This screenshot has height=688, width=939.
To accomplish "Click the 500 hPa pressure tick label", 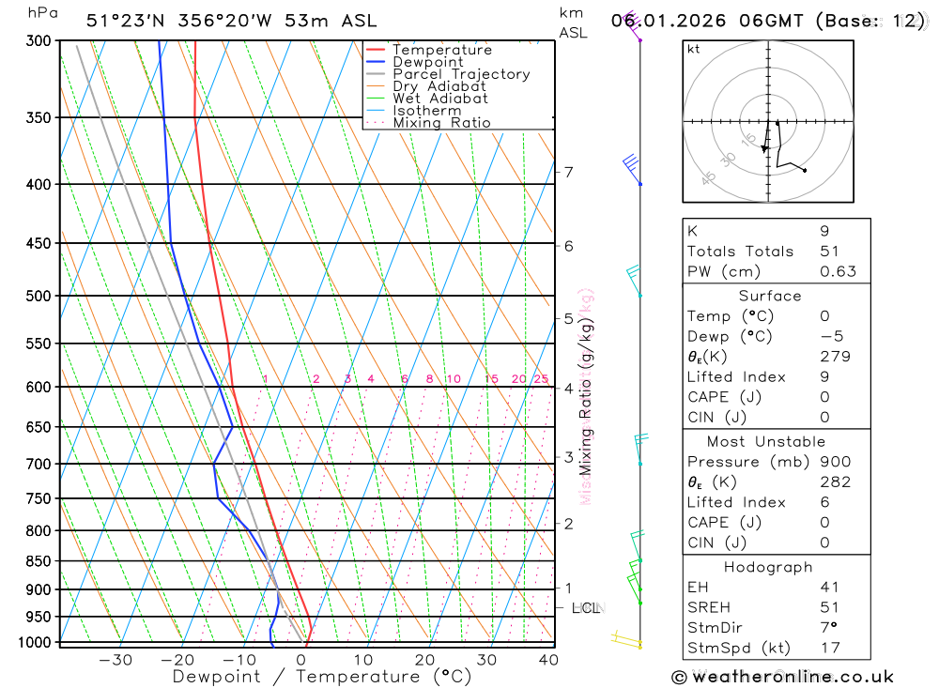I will coord(38,296).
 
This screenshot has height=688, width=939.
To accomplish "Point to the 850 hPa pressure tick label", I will coord(38,561).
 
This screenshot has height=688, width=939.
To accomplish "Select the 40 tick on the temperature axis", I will coord(548,660).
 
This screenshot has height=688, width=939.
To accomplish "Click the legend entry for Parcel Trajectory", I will coord(461,74).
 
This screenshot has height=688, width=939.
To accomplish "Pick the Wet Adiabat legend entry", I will coord(440,99).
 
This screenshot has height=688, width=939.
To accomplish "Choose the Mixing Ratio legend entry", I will coord(441,123).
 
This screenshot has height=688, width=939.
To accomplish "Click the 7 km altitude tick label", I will coord(568,172).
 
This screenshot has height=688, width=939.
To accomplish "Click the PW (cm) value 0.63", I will coord(838,272).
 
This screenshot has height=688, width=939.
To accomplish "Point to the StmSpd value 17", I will coord(830,648).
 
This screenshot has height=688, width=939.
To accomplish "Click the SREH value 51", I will coord(830,607).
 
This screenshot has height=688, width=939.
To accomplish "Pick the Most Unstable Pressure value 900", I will coord(835,462).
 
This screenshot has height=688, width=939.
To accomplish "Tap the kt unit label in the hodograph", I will coord(694,50).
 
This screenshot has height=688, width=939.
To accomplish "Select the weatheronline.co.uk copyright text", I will coord(783,677).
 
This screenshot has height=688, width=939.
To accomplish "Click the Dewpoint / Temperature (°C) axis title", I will coord(321,677).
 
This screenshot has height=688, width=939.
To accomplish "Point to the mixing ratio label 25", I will coord(541,379).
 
